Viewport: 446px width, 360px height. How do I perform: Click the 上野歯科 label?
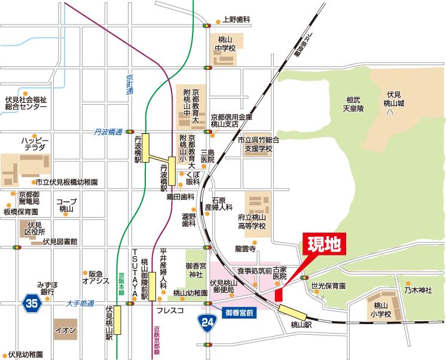(x=236, y=20)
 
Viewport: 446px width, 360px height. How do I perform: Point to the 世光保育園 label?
(x=328, y=286)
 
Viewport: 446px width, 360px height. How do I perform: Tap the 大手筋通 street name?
(x=81, y=304)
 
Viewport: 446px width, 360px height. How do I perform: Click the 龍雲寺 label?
(x=245, y=248)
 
